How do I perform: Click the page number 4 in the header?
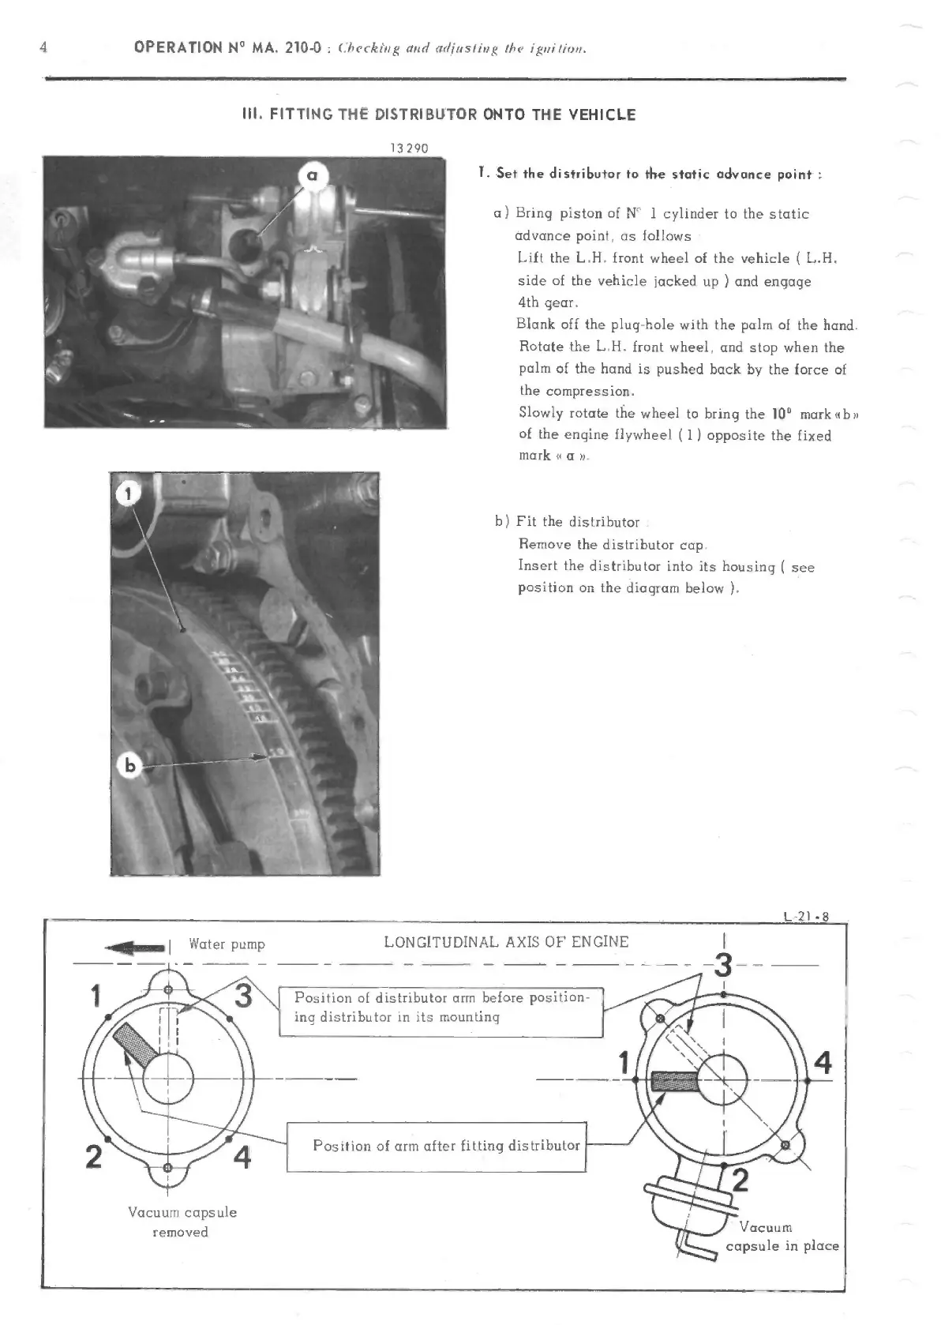coord(43,47)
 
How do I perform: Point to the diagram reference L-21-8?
coord(805,917)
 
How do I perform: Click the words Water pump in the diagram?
coord(227,944)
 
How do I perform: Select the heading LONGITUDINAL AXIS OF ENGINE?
coord(506,942)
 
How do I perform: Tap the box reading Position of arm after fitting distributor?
coord(437,1146)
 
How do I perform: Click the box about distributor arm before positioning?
coord(441,1008)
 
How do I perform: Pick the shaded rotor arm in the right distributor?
coord(675,1082)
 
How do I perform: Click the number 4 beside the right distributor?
coord(822,1063)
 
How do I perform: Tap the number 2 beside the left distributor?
coord(93,1157)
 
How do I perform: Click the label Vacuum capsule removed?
coord(182,1222)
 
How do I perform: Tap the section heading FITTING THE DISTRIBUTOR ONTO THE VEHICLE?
coord(438,114)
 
